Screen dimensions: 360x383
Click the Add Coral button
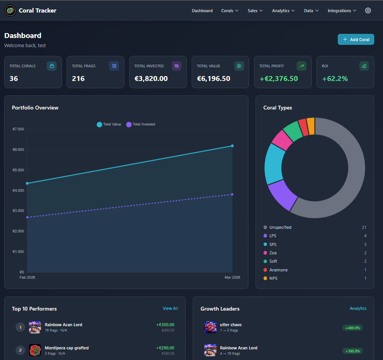coord(356,40)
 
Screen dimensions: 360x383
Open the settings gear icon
coord(368,11)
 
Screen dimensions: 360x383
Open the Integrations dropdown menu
coord(342,11)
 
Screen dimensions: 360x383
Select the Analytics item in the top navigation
coord(283,11)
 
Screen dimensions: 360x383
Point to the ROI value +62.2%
coord(335,79)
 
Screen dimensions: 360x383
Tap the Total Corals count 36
coord(14,79)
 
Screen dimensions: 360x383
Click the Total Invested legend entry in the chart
coord(141,124)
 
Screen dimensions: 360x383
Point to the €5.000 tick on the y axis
coord(18,170)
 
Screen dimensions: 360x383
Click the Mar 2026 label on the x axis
coord(232,278)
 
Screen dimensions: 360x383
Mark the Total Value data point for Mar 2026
coord(232,146)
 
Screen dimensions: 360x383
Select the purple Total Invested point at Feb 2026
coord(27,217)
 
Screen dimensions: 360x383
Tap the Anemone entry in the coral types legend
coord(278,270)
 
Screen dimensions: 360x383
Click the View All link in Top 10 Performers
coord(170,308)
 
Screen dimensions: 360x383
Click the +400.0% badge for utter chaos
coord(352,328)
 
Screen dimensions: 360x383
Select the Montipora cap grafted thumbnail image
coord(35,350)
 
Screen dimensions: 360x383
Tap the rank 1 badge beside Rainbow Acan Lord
coord(20,327)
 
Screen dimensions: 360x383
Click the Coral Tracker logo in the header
coord(10,11)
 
